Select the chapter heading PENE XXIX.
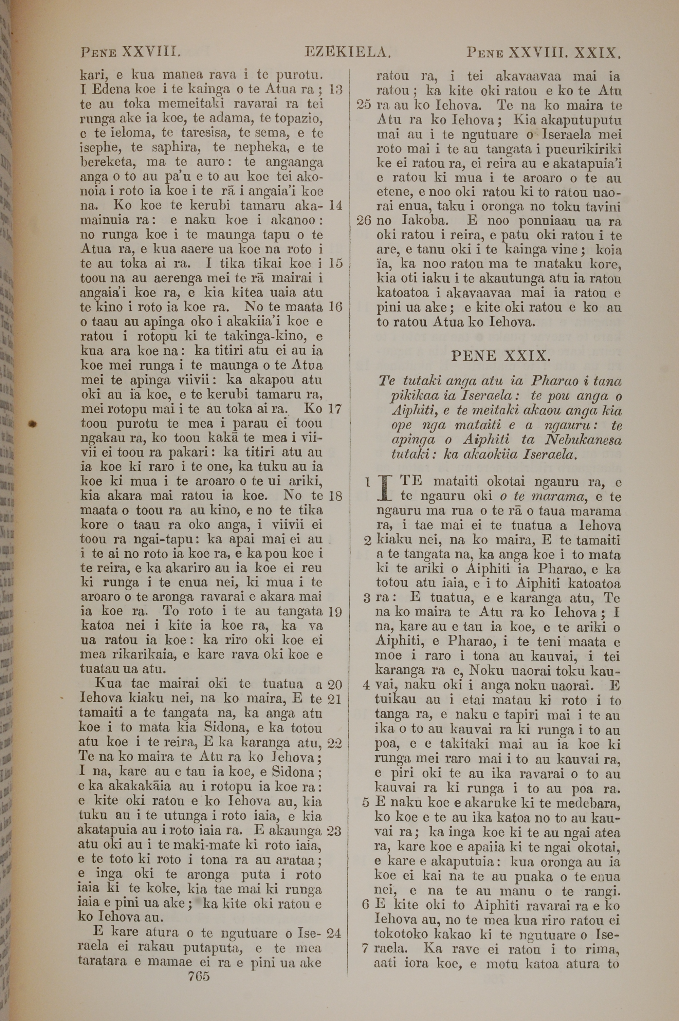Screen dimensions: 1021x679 (500, 356)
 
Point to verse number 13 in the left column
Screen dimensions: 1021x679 (336, 90)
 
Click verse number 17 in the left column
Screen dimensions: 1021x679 (335, 409)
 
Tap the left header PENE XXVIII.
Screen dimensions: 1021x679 (130, 53)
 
